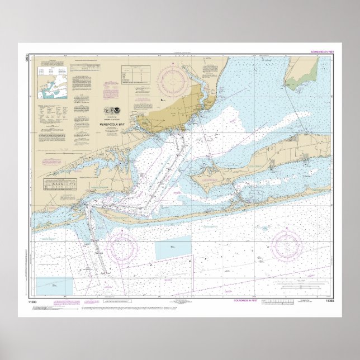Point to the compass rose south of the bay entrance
click(x=124, y=247)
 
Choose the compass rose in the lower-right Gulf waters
click(x=287, y=245)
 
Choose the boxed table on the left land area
click(x=60, y=184)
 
